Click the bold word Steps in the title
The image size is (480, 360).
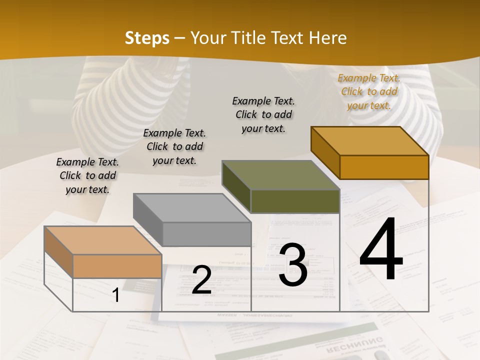146,38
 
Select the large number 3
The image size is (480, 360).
293,265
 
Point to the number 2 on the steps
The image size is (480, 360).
201,279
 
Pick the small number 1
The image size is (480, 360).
116,295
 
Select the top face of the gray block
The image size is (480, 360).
192,208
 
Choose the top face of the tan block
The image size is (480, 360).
103,240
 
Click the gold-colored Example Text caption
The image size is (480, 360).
369,91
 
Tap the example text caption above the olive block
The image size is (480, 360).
263,114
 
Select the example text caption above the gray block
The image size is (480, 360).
174,146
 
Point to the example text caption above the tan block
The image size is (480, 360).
87,175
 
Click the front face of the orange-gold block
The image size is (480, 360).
384,167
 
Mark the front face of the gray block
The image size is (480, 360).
206,234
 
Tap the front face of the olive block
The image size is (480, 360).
295,201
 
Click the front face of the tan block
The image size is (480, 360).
117,266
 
